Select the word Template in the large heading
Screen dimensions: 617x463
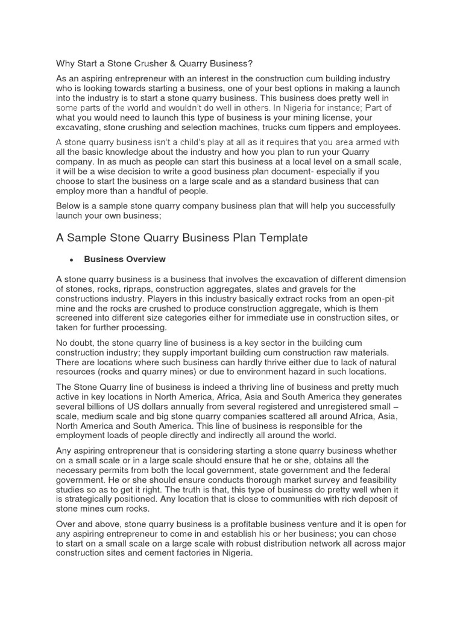click(x=277, y=238)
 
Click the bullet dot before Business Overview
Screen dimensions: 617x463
click(x=71, y=260)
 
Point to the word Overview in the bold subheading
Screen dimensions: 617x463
click(x=146, y=260)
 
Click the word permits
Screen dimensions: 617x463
click(x=115, y=470)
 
